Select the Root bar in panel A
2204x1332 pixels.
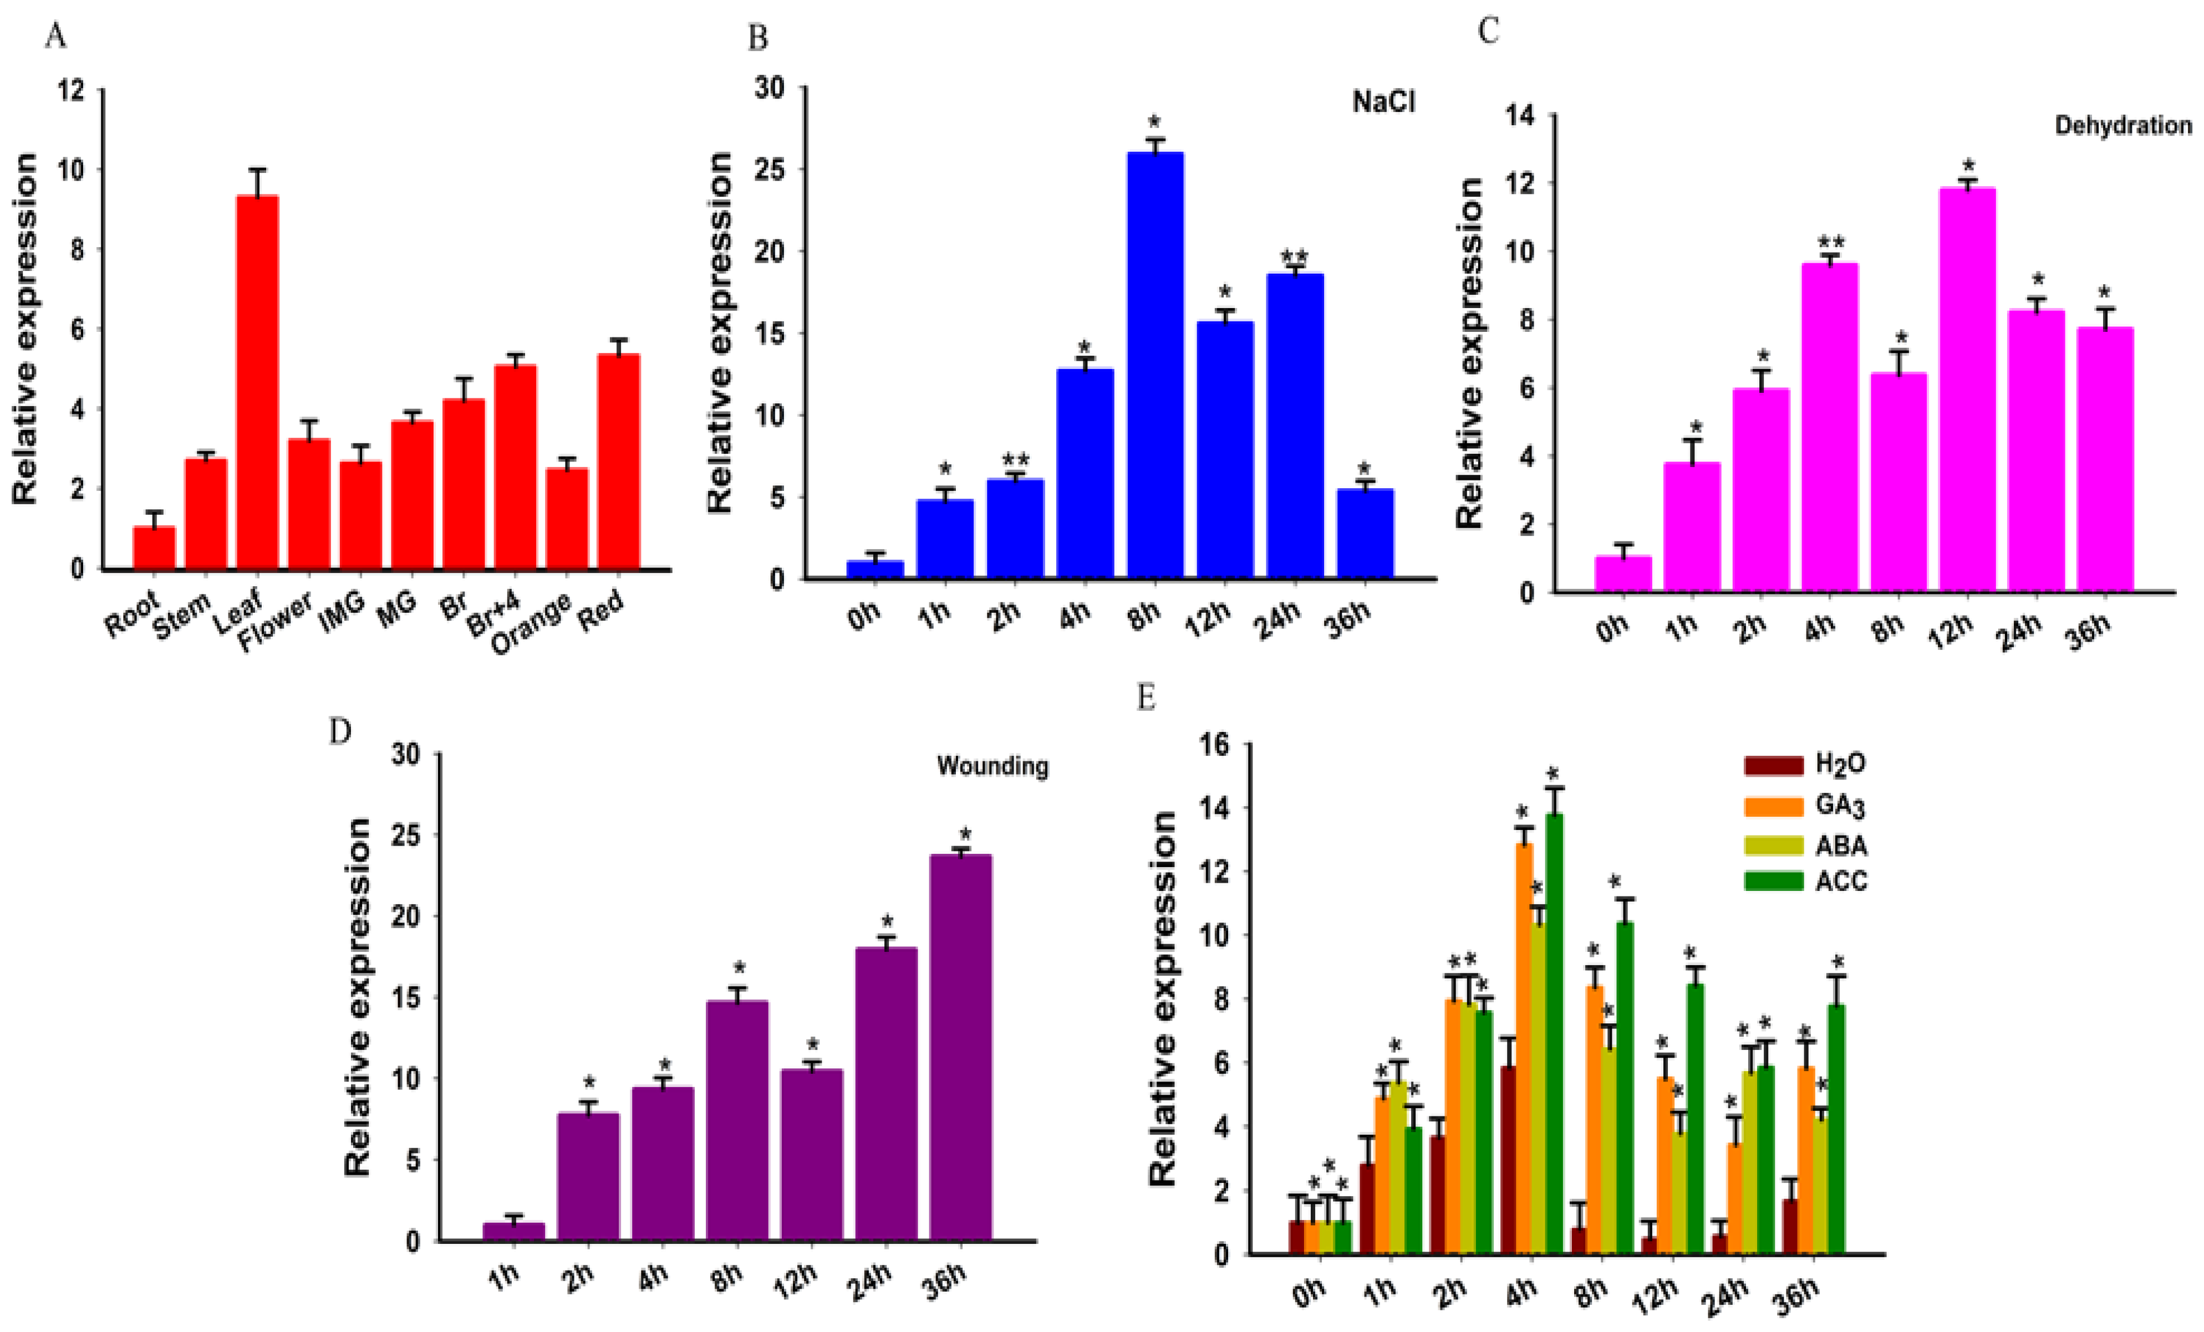(x=154, y=547)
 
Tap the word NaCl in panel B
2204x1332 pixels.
(x=1383, y=102)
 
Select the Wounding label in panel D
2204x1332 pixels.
(x=992, y=766)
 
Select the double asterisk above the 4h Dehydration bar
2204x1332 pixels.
(x=1830, y=242)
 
